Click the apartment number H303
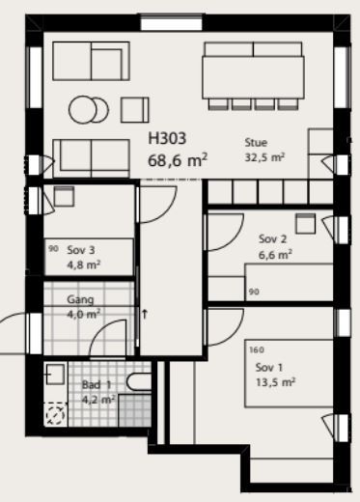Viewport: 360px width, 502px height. coord(167,139)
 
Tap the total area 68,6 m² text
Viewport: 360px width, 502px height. coord(178,160)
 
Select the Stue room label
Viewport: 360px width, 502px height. coord(256,143)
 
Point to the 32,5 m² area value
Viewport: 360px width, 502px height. coord(264,157)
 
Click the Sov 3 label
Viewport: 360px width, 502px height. coord(81,250)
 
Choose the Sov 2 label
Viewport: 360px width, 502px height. coord(272,239)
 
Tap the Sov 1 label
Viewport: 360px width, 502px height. coord(269,367)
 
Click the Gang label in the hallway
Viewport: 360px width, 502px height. coord(80,300)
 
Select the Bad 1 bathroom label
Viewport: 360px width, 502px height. coord(97,384)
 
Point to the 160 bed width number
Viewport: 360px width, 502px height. coord(257,349)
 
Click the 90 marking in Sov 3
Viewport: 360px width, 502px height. coord(53,249)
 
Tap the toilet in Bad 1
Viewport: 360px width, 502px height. coord(139,381)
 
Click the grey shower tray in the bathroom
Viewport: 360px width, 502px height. coord(135,410)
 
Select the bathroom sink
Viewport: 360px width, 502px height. coord(55,375)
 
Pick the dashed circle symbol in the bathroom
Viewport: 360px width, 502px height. coord(55,415)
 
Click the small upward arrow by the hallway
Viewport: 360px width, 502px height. coord(145,314)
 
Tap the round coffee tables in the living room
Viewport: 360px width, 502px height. coord(89,110)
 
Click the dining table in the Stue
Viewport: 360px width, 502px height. coord(253,77)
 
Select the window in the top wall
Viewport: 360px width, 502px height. coord(171,22)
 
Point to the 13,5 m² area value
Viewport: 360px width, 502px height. coord(276,382)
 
